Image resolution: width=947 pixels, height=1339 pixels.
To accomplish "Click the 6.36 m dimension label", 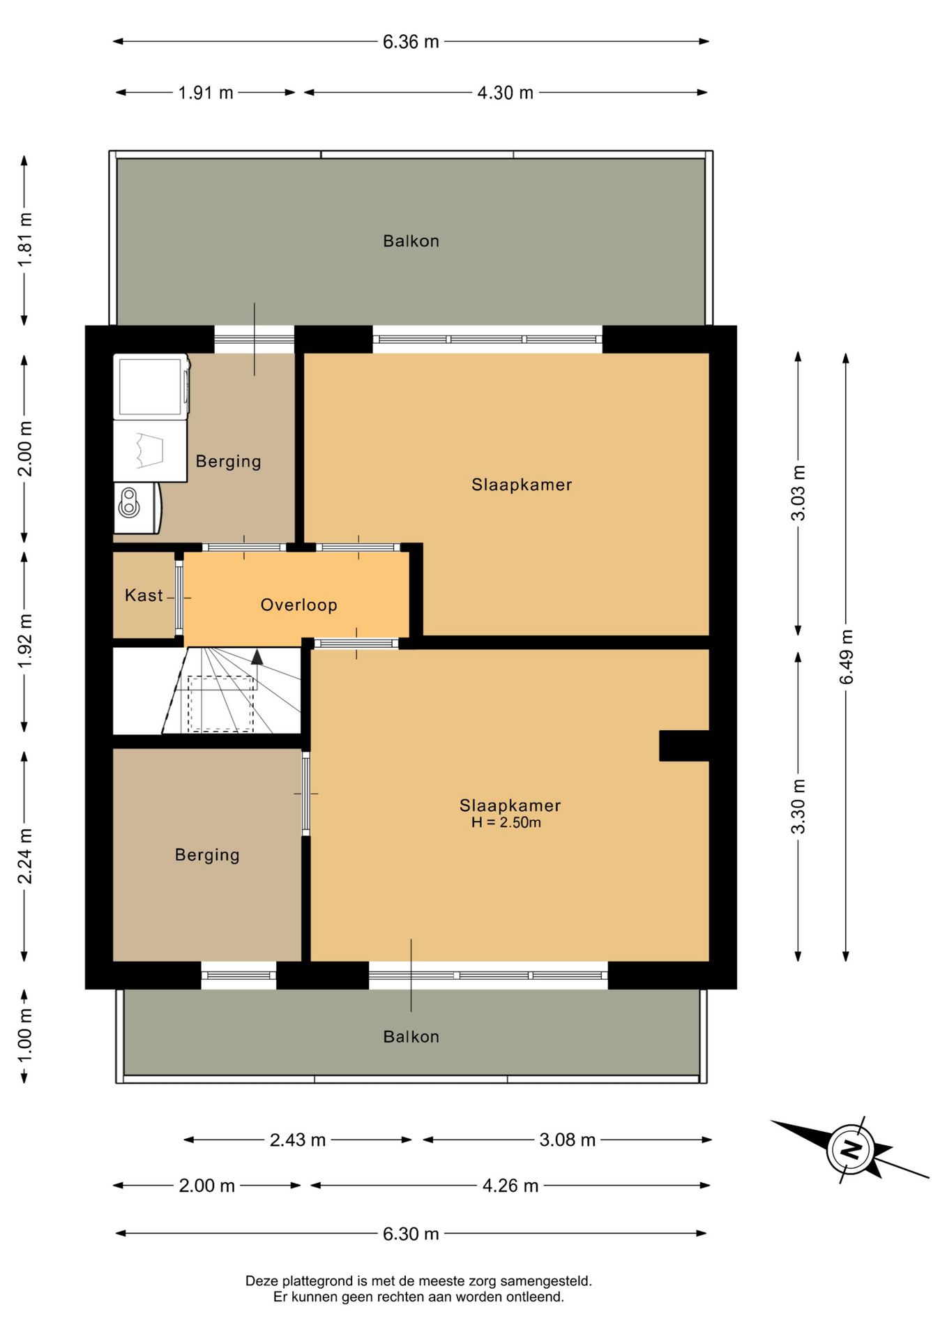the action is [411, 42].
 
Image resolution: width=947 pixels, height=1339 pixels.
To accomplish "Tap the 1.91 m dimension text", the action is [206, 93].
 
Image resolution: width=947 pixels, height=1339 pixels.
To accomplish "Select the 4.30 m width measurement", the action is [505, 93].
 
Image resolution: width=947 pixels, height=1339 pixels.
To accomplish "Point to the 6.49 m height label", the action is [846, 657].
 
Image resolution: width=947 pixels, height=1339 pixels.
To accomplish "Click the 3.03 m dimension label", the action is [798, 493].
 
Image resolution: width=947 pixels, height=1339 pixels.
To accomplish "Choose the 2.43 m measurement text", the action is [298, 1140].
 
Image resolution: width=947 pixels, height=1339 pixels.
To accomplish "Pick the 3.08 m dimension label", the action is [568, 1140].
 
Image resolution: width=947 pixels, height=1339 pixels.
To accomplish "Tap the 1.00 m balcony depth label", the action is [24, 1036].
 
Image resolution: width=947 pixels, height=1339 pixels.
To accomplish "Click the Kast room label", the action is [144, 595].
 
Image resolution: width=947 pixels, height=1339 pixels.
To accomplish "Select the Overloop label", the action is [299, 605].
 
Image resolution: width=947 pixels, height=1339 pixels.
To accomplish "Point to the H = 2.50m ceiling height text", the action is [506, 822].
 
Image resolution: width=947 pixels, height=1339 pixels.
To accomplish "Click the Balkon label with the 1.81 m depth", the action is [411, 241].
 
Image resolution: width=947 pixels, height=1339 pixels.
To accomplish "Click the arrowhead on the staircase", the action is [257, 656].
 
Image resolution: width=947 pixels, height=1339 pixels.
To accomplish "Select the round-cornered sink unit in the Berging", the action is [137, 508].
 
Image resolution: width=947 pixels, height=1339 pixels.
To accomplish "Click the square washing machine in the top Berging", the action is [151, 387].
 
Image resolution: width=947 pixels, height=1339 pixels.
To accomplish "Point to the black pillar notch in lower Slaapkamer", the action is [684, 746].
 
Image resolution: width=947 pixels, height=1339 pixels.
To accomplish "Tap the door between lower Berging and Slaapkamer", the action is [305, 793].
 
